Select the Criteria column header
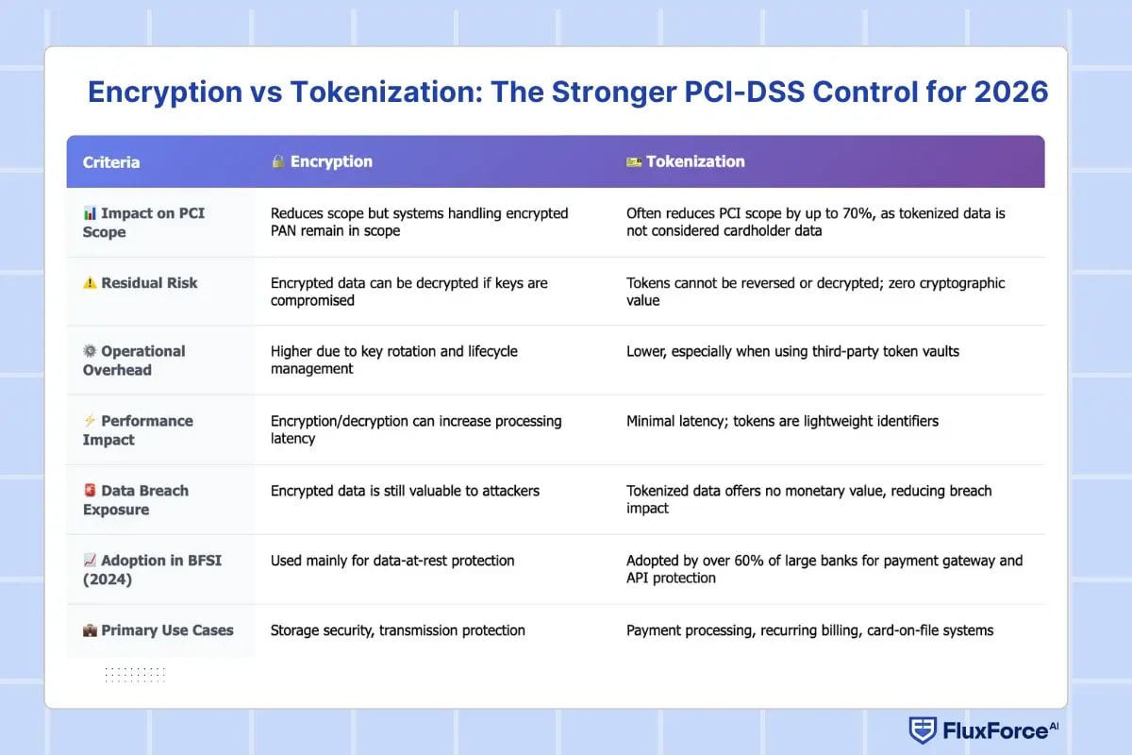[x=111, y=162]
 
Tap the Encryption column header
[x=331, y=161]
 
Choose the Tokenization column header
[x=695, y=161]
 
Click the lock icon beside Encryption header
[x=278, y=161]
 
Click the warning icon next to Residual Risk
[x=91, y=282]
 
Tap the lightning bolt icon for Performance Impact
[x=91, y=421]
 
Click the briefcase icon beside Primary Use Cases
[x=91, y=629]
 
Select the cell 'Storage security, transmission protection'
[x=397, y=629]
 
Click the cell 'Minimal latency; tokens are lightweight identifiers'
[x=782, y=421]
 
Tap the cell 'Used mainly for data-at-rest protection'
[x=392, y=561]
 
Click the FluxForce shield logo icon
[x=922, y=730]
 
